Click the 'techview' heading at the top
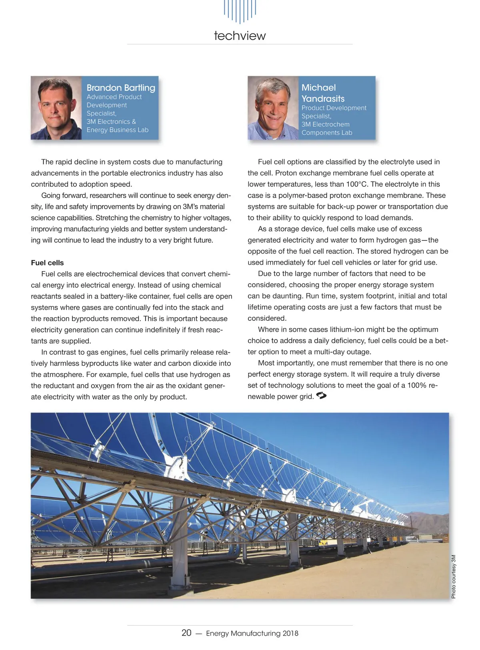coord(240,36)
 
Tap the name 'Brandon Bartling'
coord(121,88)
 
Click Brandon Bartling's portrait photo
coord(56,108)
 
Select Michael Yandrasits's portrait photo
coord(273,108)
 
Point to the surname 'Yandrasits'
coord(323,99)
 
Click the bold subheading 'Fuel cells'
coord(47,263)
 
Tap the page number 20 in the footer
coord(186,632)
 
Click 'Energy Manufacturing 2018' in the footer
coord(252,633)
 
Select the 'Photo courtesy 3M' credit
coord(453,576)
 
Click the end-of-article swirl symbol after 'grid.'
coord(321,396)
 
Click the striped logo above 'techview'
coord(240,11)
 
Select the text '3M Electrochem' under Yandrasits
coord(325,124)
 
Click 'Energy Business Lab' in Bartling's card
coord(117,130)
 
